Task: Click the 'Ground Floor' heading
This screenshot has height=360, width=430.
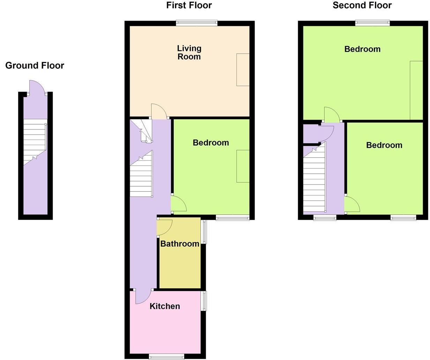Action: click(35, 66)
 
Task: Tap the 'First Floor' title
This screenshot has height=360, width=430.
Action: click(189, 5)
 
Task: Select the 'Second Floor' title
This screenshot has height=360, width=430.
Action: click(362, 5)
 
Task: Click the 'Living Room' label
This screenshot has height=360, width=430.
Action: click(189, 53)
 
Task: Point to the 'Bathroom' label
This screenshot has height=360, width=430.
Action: click(180, 244)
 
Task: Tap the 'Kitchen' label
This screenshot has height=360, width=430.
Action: click(165, 306)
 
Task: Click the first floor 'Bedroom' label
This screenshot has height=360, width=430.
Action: click(211, 143)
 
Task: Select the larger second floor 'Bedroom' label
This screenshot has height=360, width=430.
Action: click(362, 49)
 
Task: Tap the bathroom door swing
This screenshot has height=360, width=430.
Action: click(164, 227)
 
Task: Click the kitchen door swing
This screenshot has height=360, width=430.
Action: click(142, 297)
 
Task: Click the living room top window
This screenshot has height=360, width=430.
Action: click(197, 23)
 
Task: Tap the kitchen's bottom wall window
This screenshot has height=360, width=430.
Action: click(166, 356)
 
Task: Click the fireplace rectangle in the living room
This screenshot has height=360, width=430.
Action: click(243, 70)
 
